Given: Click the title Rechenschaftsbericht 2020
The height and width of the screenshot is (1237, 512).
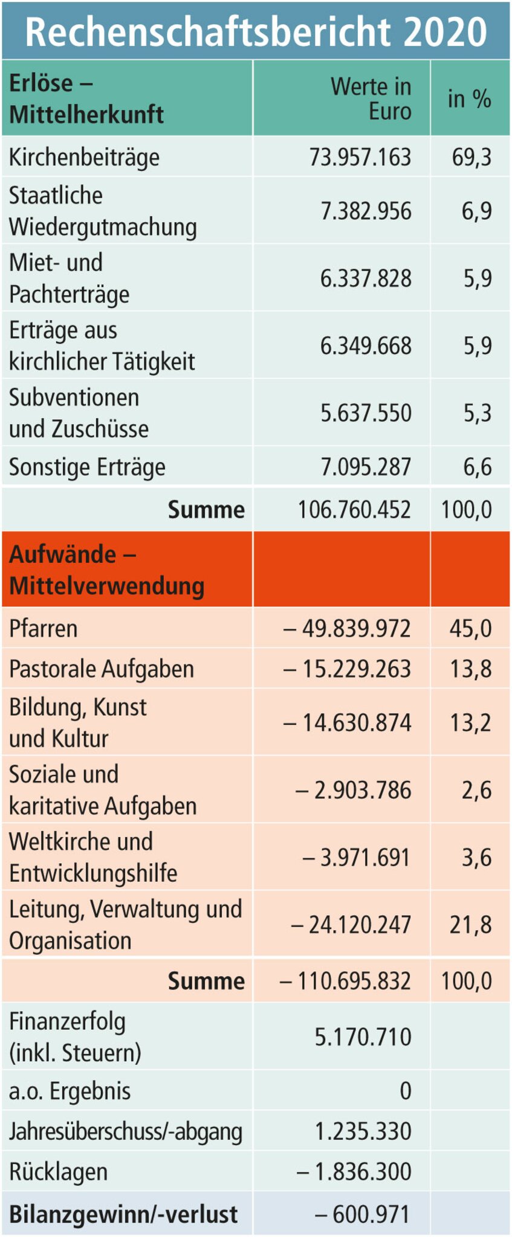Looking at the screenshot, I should (x=256, y=31).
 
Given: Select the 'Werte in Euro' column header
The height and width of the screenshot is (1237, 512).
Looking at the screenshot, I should (x=371, y=98).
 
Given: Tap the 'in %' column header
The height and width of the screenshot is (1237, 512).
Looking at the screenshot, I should (x=469, y=98).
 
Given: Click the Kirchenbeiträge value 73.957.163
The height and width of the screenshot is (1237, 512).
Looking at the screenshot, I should (x=360, y=157).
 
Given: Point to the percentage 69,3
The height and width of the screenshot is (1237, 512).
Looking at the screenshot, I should (x=471, y=157).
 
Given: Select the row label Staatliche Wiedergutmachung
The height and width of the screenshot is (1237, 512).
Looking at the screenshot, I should (x=103, y=211).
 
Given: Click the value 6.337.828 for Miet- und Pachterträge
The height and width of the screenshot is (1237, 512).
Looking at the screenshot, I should (x=365, y=278).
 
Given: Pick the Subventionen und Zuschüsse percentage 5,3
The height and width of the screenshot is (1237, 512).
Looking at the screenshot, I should (x=477, y=413).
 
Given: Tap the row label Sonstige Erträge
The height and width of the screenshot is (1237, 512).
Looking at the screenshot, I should (x=87, y=467).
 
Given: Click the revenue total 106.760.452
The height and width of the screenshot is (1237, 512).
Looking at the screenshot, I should (x=354, y=510).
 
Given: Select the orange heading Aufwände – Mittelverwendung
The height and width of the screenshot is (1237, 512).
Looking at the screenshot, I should (x=106, y=570).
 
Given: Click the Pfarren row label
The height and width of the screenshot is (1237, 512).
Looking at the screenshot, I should (x=43, y=628).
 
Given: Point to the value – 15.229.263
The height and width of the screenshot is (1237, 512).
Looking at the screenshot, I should (x=347, y=669).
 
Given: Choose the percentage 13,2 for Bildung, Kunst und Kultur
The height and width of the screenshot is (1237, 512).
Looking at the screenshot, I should (x=470, y=723).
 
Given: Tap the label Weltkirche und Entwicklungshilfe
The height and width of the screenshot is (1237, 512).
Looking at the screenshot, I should (x=93, y=857).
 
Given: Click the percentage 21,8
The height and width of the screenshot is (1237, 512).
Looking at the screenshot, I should (x=470, y=925).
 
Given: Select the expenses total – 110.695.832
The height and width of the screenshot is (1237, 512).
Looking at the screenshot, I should (x=345, y=981).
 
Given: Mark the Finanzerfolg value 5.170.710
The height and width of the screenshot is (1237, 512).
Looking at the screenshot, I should (x=363, y=1036).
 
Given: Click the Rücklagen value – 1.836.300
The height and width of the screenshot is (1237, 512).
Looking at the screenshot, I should (x=354, y=1172).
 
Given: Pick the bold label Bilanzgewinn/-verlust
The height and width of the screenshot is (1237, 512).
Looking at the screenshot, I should (x=123, y=1215).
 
